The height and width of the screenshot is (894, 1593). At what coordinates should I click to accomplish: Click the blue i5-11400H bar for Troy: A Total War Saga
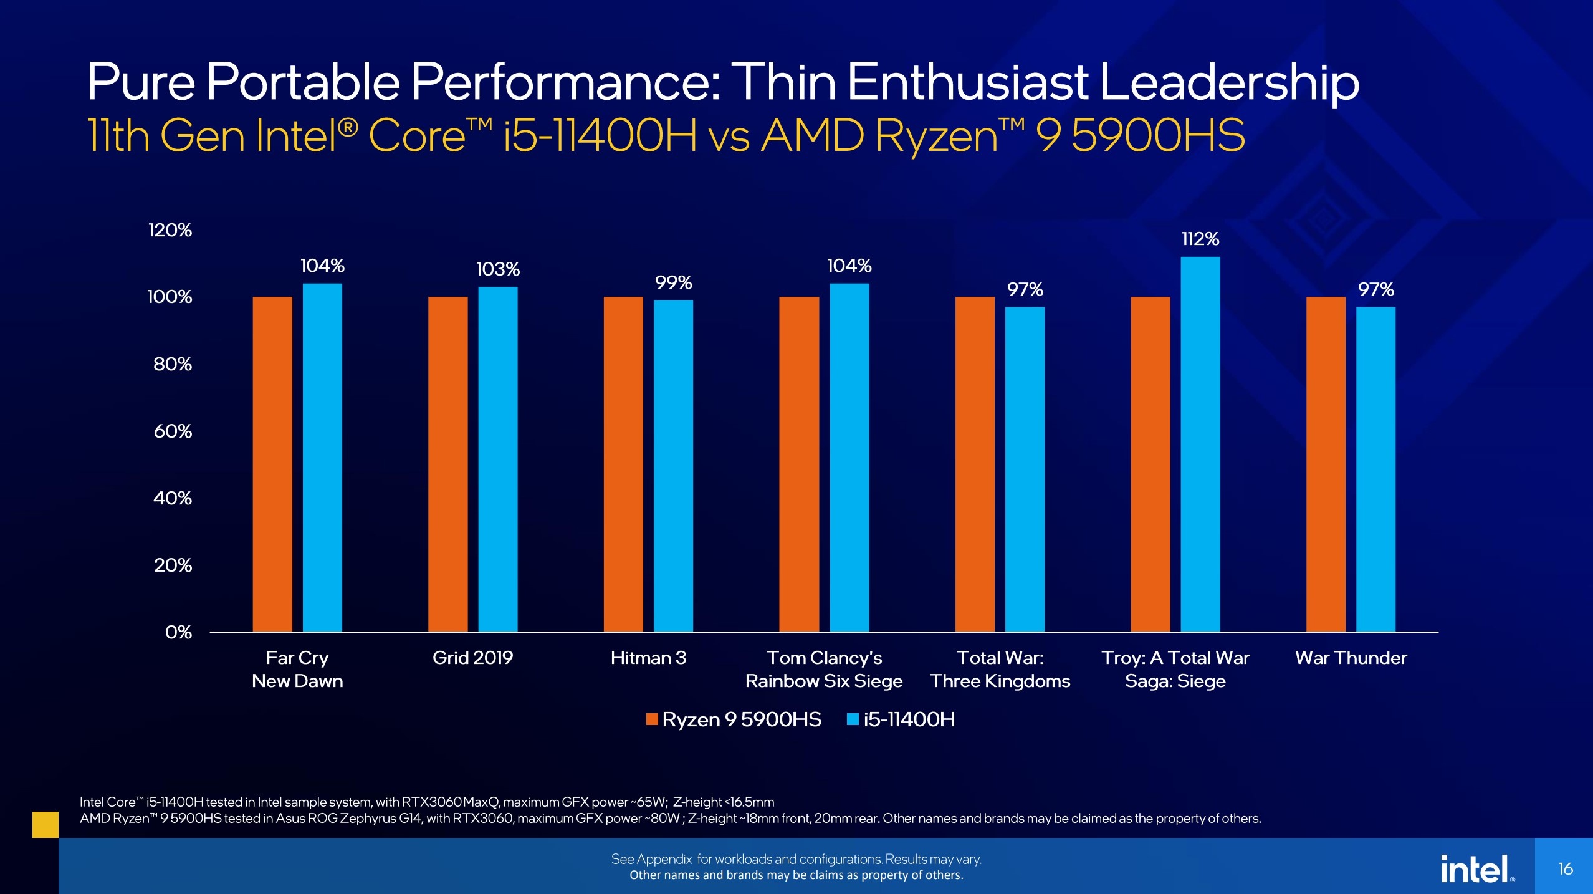tap(1200, 444)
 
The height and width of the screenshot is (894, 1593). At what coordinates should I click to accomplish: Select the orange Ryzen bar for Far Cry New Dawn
tap(272, 464)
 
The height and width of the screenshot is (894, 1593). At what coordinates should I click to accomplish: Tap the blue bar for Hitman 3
tap(673, 466)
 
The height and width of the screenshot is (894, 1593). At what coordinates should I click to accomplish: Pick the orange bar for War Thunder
tap(1326, 464)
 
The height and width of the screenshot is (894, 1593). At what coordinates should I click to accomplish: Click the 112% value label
tap(1200, 239)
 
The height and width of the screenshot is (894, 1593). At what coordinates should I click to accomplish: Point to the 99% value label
tap(673, 283)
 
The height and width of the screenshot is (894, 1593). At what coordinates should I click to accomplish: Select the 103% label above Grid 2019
tap(497, 269)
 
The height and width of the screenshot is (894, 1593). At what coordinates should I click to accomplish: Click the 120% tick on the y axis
tap(170, 230)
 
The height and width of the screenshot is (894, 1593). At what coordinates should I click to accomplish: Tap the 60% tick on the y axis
tap(173, 431)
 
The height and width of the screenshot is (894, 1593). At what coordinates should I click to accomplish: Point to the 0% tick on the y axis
tap(178, 632)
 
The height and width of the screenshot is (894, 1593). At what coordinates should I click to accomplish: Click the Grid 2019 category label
tap(472, 658)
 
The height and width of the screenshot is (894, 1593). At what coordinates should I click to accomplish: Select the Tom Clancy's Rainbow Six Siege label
tap(824, 669)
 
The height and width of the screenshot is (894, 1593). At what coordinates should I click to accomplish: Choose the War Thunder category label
tap(1351, 658)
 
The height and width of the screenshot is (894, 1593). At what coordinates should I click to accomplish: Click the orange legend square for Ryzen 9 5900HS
tap(652, 719)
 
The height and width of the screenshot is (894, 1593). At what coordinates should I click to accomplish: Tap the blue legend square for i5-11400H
tap(853, 719)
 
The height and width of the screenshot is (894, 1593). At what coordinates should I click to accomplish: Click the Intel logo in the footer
tap(1476, 868)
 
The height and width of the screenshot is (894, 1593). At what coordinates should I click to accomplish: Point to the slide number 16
tap(1565, 868)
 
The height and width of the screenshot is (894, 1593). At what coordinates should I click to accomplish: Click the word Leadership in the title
tap(1229, 82)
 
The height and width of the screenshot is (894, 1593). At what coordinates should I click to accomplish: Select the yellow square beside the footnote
tap(45, 824)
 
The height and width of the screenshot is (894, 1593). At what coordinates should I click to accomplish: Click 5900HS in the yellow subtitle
tap(1158, 136)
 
